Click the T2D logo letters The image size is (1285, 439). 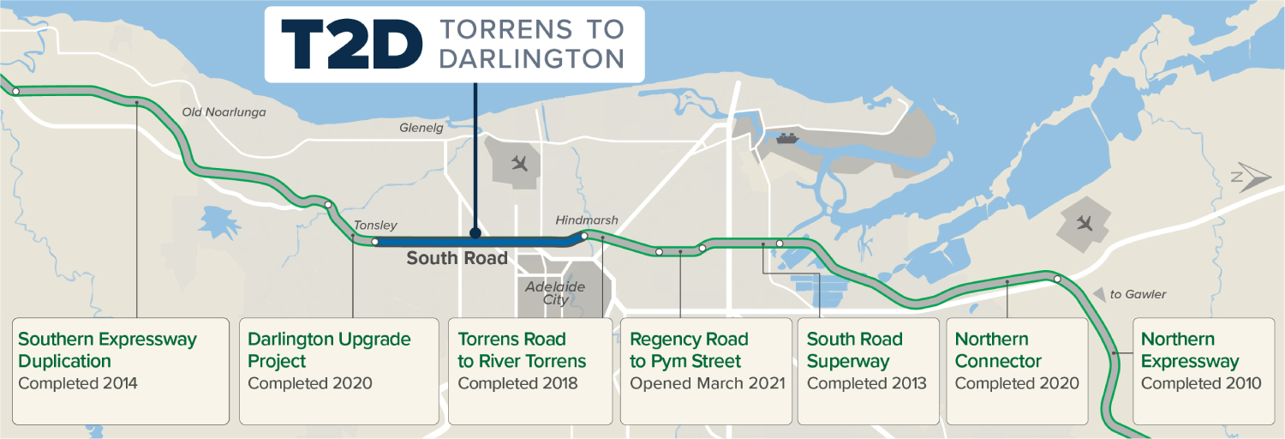(x=351, y=44)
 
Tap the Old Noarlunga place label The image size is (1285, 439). (x=224, y=112)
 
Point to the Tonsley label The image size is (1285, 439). (x=375, y=226)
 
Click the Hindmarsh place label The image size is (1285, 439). (x=586, y=220)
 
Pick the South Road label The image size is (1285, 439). (x=457, y=258)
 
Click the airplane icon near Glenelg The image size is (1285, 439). (x=518, y=162)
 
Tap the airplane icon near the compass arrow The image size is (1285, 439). (x=1085, y=224)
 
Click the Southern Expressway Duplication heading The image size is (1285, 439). (x=107, y=350)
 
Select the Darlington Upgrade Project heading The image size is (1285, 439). (x=329, y=350)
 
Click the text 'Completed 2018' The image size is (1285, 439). (x=517, y=383)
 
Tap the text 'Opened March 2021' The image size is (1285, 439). (x=707, y=383)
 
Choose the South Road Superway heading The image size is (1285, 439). (x=854, y=350)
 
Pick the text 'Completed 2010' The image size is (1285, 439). (x=1201, y=383)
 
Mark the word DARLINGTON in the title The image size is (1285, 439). (x=531, y=58)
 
